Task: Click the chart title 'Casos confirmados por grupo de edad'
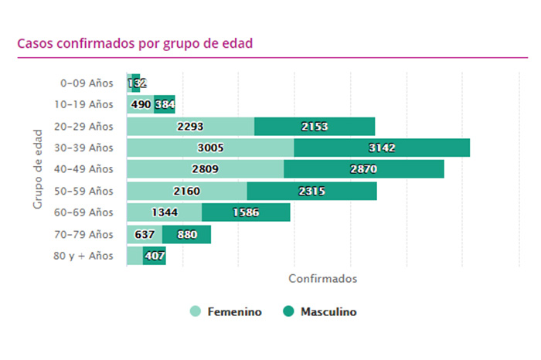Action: [x=135, y=43]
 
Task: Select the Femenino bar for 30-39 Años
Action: [x=210, y=148]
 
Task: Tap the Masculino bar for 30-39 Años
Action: [x=382, y=148]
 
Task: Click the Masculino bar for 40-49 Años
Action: [x=364, y=169]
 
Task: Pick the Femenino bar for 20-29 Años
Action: [x=190, y=126]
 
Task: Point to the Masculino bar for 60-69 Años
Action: [x=246, y=212]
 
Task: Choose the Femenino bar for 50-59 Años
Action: [x=187, y=191]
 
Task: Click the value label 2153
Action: [x=315, y=126]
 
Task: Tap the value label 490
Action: [x=140, y=104]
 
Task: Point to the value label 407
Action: [x=155, y=256]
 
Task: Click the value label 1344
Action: [x=164, y=212]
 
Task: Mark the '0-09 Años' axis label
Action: [x=87, y=83]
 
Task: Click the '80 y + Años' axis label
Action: [x=83, y=256]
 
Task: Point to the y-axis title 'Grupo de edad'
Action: [x=37, y=169]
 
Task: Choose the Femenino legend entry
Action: [x=226, y=312]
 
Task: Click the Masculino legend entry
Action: [x=320, y=312]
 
